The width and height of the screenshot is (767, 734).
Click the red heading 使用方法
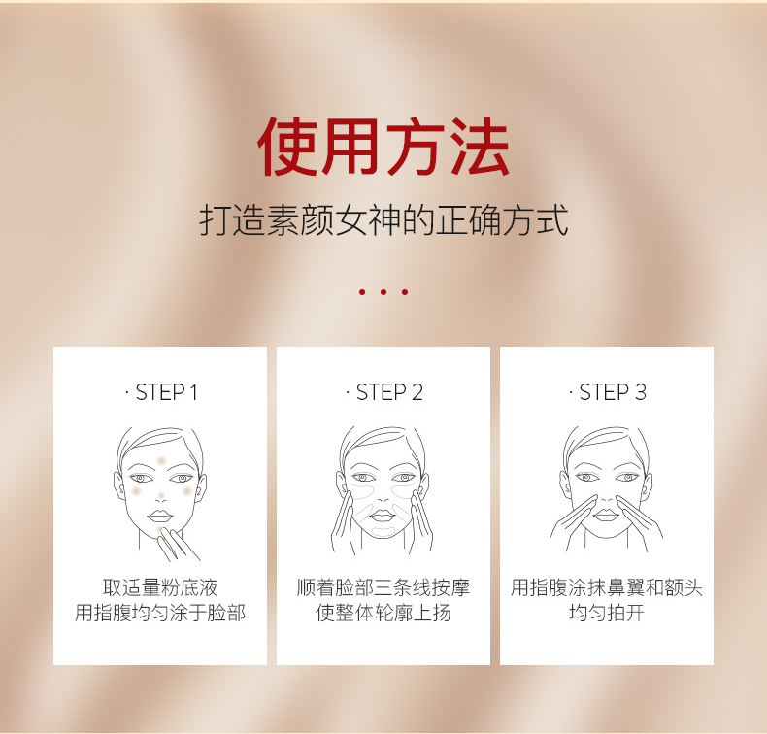[383, 147]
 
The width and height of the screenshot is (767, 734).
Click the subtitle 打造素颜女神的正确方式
[383, 220]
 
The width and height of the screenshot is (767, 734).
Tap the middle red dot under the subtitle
[383, 292]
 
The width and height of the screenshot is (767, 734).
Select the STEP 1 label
[161, 392]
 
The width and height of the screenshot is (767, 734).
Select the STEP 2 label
[384, 392]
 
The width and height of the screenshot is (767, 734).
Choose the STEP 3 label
[608, 392]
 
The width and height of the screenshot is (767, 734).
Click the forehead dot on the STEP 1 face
[161, 460]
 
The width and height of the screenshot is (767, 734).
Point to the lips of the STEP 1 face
[160, 516]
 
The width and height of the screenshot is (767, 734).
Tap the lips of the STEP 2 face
[383, 515]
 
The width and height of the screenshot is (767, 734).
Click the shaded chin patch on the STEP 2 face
[383, 530]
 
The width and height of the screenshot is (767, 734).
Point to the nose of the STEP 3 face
[607, 496]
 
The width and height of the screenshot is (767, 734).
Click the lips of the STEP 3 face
[606, 515]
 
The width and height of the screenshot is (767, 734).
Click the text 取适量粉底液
[160, 587]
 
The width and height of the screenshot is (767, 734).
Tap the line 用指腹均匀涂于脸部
[160, 613]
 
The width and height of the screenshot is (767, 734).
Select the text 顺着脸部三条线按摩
[383, 587]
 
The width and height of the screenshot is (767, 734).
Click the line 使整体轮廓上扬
[383, 613]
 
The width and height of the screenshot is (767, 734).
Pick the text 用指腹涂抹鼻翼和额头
[607, 587]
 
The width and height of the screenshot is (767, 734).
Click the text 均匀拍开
[607, 613]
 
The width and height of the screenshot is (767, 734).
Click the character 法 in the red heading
[481, 147]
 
